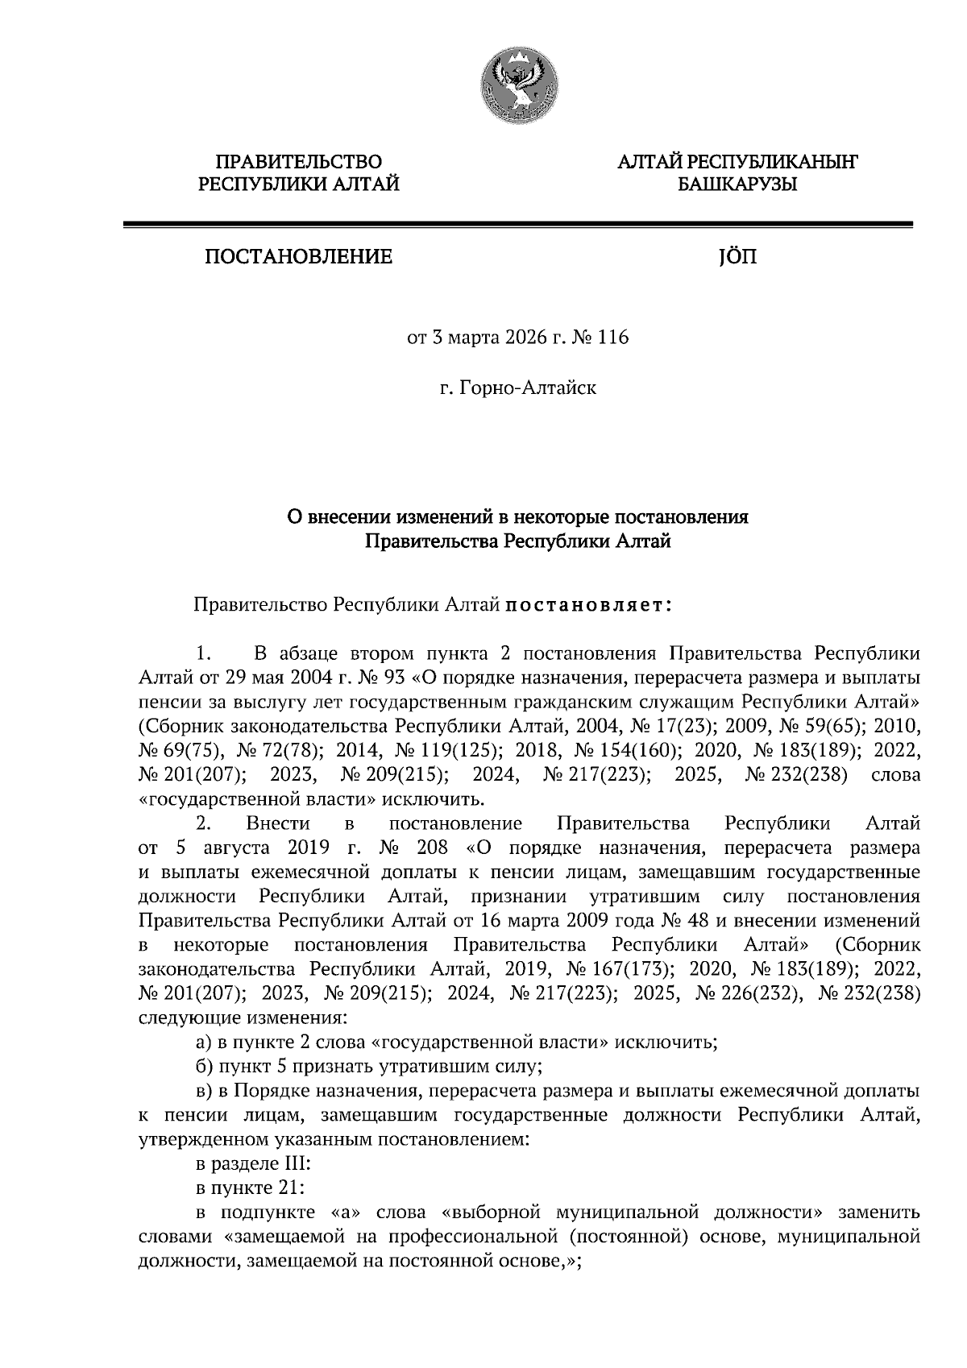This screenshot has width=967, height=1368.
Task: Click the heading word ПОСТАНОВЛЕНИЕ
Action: coord(298,257)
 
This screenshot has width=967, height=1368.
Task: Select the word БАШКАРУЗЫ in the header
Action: coord(737,185)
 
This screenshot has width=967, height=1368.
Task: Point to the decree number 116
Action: coord(614,337)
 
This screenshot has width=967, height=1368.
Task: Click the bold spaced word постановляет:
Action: coord(589,603)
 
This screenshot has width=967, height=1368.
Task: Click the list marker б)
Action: coord(205,1067)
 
